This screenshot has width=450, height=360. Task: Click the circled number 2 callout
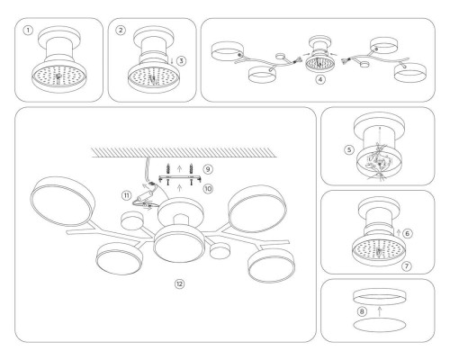pyautogui.click(x=121, y=30)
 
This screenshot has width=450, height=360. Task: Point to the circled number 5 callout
pyautogui.click(x=338, y=149)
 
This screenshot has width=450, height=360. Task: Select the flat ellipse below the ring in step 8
pyautogui.click(x=378, y=329)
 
